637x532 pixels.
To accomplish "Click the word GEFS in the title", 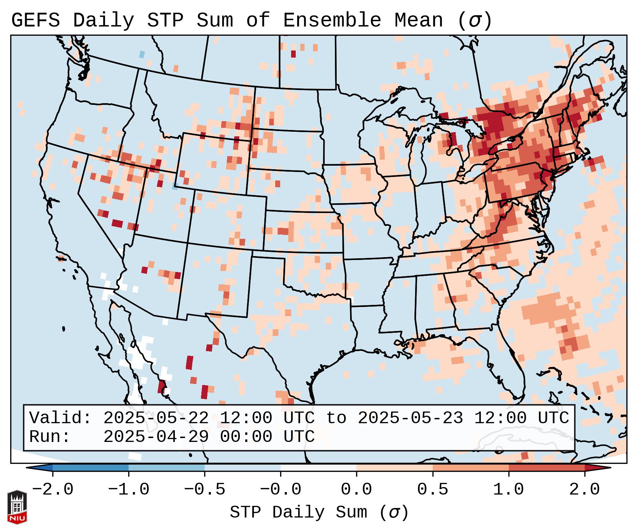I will point(35,20).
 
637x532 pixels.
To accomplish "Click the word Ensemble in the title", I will point(332,20).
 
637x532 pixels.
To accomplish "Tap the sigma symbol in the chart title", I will point(474,20).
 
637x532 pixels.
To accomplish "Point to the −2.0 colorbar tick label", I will point(53,490).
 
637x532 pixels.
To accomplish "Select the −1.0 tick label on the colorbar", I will point(129,490).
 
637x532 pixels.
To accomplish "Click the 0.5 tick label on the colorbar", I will point(433,490).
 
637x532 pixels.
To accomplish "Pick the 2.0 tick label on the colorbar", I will point(585,490).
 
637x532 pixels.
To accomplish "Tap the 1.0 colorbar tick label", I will point(509,490).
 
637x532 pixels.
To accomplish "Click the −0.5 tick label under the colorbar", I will point(205,490).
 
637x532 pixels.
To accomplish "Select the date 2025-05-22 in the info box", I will point(156,418).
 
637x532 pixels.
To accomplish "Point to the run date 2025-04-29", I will point(156,437).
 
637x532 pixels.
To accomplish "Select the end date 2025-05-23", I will point(410,418).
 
